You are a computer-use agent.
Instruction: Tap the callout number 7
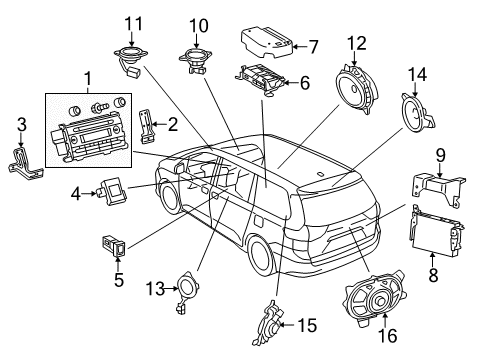coord(313,45)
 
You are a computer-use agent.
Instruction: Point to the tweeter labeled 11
coord(130,57)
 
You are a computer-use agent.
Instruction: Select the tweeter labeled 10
coord(196,59)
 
